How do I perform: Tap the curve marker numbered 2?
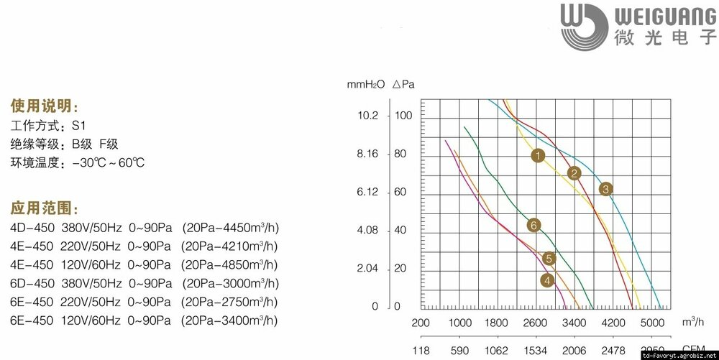(574, 173)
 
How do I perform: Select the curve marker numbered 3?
(605, 189)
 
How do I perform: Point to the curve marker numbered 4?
(548, 280)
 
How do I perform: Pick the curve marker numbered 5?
(549, 259)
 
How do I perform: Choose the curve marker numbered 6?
(533, 226)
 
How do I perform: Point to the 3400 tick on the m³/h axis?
(574, 323)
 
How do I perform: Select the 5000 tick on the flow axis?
(651, 323)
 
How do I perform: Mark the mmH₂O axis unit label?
(367, 84)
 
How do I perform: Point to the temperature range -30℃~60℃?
(108, 162)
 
